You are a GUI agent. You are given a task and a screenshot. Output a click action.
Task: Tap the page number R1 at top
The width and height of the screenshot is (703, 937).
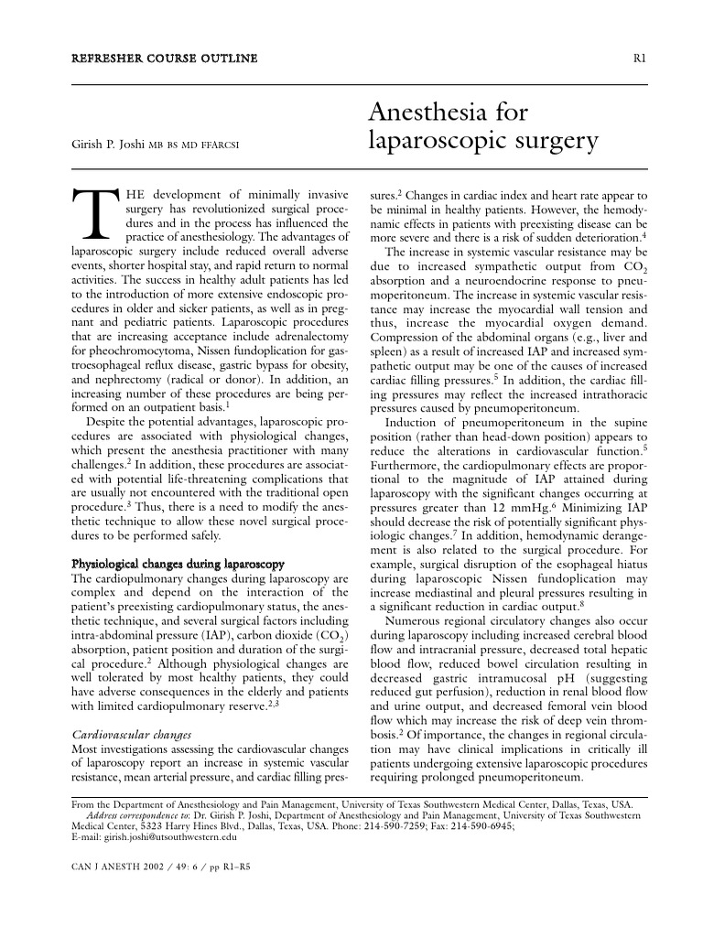[640, 59]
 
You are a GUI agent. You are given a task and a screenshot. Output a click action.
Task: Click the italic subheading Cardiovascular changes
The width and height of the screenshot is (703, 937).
[130, 735]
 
